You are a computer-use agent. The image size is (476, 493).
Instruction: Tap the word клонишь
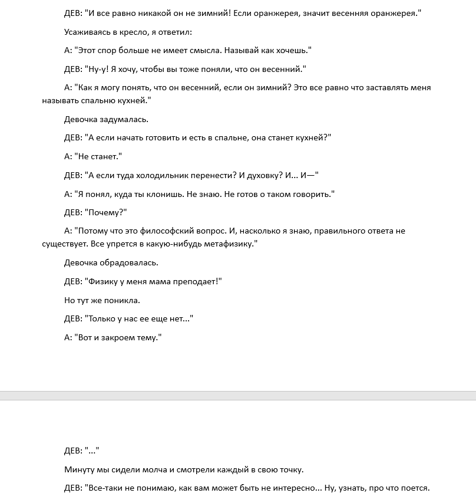(x=161, y=194)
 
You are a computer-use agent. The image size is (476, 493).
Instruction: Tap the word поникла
(x=120, y=300)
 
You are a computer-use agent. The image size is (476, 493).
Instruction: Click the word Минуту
(x=81, y=469)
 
